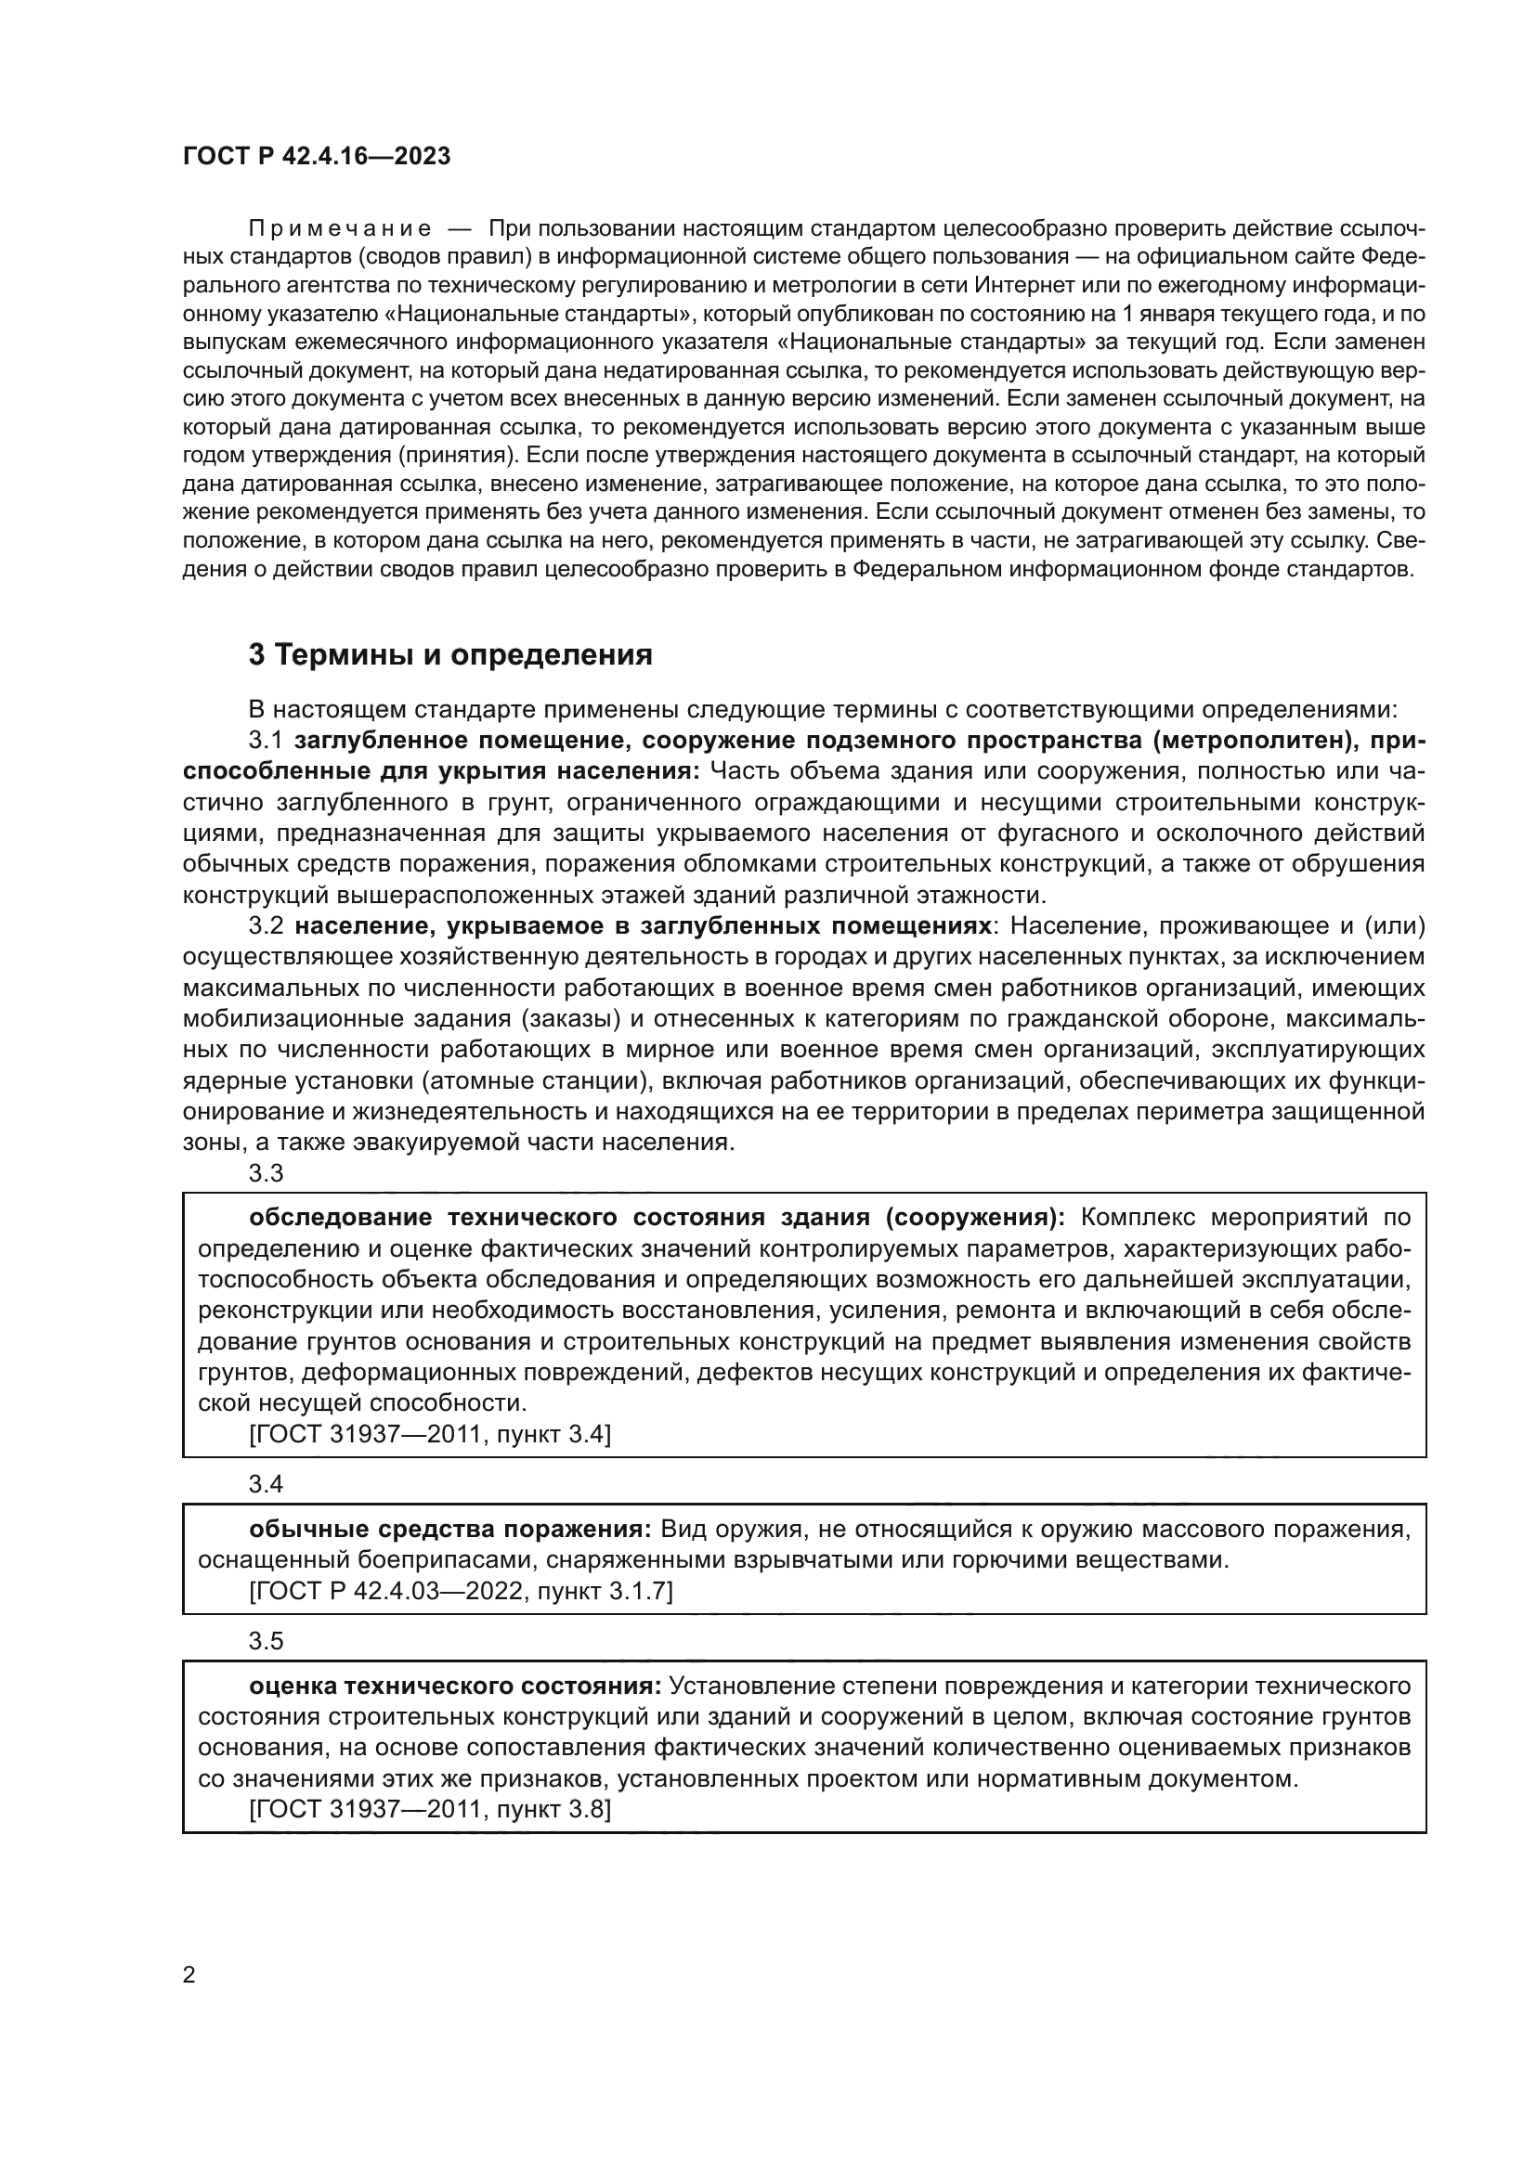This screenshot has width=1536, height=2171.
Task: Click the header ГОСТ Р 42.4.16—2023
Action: click(x=316, y=156)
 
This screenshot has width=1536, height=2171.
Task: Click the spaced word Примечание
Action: click(x=340, y=229)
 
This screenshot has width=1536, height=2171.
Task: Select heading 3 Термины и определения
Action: click(x=450, y=654)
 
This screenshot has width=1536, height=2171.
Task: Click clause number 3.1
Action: click(x=266, y=741)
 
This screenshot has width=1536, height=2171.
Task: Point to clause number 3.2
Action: click(x=266, y=925)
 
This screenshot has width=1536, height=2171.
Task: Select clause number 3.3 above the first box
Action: click(x=266, y=1173)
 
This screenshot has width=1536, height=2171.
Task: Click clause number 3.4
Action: click(x=266, y=1484)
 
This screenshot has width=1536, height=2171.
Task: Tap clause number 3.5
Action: click(x=266, y=1640)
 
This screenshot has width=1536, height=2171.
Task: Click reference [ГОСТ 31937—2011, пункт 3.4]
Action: click(x=429, y=1435)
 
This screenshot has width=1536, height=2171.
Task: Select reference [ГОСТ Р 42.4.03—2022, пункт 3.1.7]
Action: click(x=461, y=1592)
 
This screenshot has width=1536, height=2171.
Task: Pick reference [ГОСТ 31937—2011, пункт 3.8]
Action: click(x=429, y=1810)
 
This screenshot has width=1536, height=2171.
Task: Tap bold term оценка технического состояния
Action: click(x=455, y=1686)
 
